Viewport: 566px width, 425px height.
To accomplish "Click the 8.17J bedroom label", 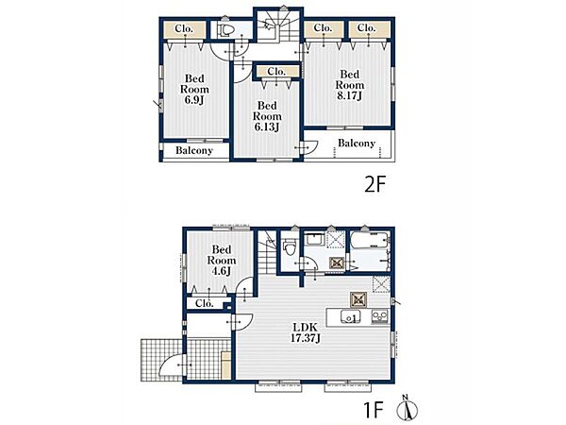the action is (x=350, y=85).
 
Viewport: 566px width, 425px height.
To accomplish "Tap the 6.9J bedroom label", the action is (x=194, y=90).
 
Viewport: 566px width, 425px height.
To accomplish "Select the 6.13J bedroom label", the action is (x=267, y=116).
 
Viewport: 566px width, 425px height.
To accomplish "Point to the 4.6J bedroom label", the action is (x=222, y=261).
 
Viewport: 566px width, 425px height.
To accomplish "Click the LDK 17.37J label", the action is (x=306, y=332).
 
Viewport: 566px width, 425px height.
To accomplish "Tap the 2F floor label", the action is (x=375, y=185).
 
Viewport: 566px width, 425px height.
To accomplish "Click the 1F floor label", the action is (x=373, y=410).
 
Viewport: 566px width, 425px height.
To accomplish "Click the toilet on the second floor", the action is (x=226, y=30).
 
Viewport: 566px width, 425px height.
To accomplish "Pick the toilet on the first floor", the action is (x=290, y=248).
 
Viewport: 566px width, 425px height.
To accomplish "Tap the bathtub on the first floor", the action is (x=370, y=241).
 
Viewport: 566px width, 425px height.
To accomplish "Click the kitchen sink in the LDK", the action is (x=350, y=316).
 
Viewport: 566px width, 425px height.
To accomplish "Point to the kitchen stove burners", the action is (x=379, y=315).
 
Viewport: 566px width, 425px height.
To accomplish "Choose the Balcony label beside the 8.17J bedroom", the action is (x=357, y=144).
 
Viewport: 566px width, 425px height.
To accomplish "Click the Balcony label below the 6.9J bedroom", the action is (x=194, y=150).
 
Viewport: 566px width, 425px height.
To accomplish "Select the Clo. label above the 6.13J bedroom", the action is (x=276, y=71).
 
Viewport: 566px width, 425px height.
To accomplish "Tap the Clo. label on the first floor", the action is (x=205, y=303).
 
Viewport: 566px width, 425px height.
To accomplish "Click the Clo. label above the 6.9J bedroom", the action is (x=184, y=28).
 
